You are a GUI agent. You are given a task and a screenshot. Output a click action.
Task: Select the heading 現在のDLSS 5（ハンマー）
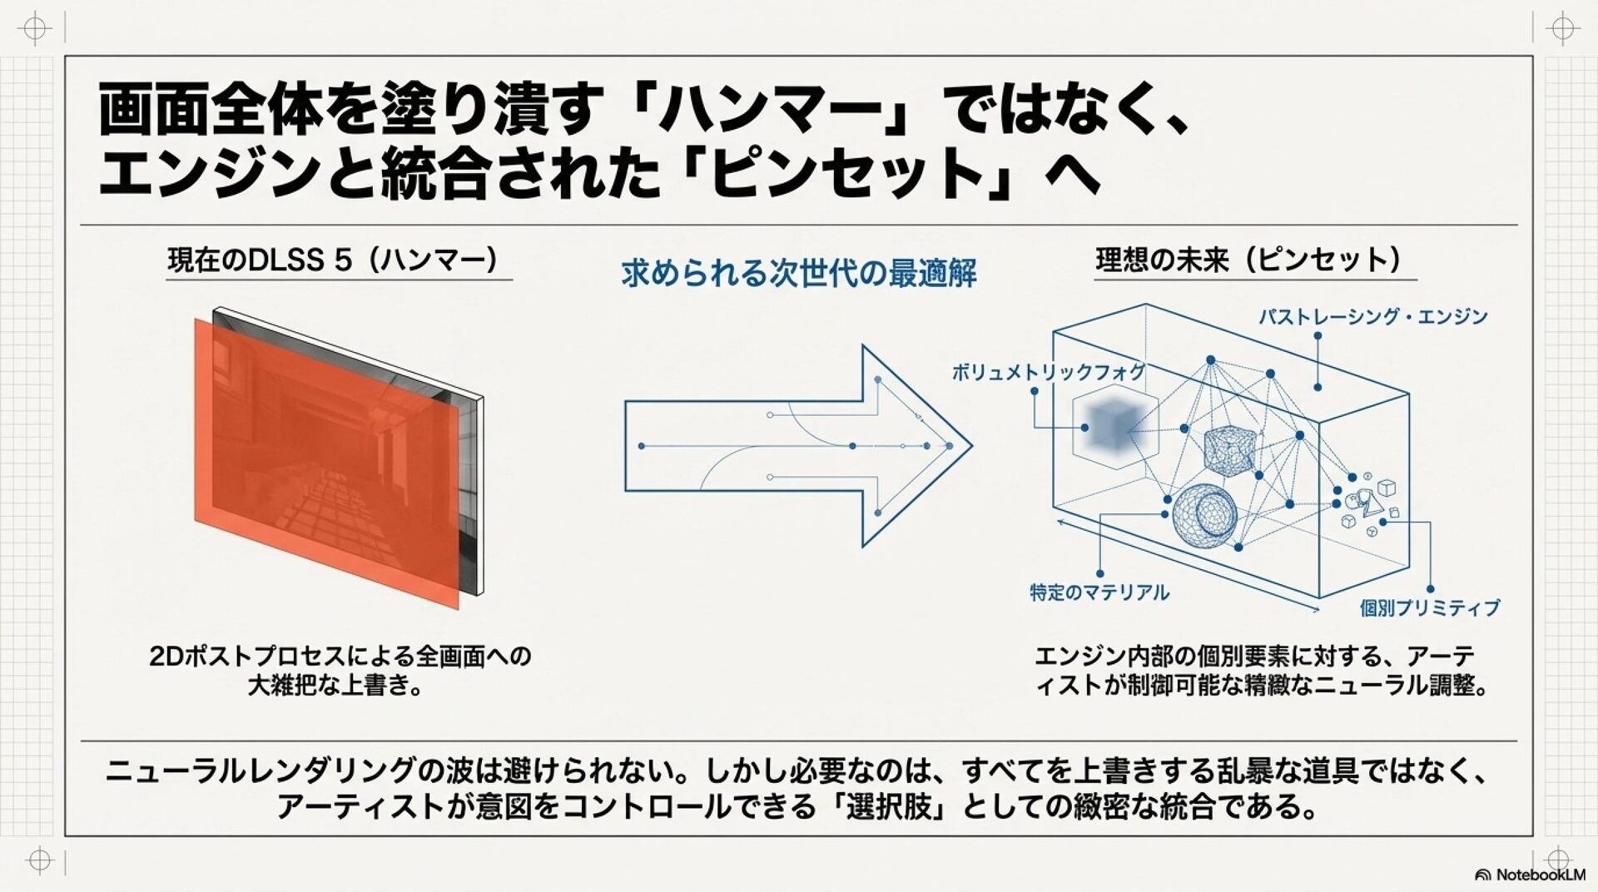coord(333,260)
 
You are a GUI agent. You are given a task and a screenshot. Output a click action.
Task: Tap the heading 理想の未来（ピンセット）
coord(1248,260)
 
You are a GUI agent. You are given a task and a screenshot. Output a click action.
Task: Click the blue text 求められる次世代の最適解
coord(799,273)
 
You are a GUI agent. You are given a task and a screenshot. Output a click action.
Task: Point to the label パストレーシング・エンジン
coord(1372,316)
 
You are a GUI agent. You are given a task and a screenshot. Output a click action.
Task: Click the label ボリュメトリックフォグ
coord(1048,372)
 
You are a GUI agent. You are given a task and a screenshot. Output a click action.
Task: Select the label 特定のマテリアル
coord(1099,592)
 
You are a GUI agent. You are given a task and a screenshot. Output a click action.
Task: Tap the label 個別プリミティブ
coord(1430,608)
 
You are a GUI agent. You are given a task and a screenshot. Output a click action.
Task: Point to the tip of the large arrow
coord(971,446)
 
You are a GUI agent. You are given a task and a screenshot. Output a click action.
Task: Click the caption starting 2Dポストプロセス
coord(340,671)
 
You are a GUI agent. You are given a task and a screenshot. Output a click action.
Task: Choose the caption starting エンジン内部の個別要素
coord(1260,671)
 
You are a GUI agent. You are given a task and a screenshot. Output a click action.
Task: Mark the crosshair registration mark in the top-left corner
coord(35,29)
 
